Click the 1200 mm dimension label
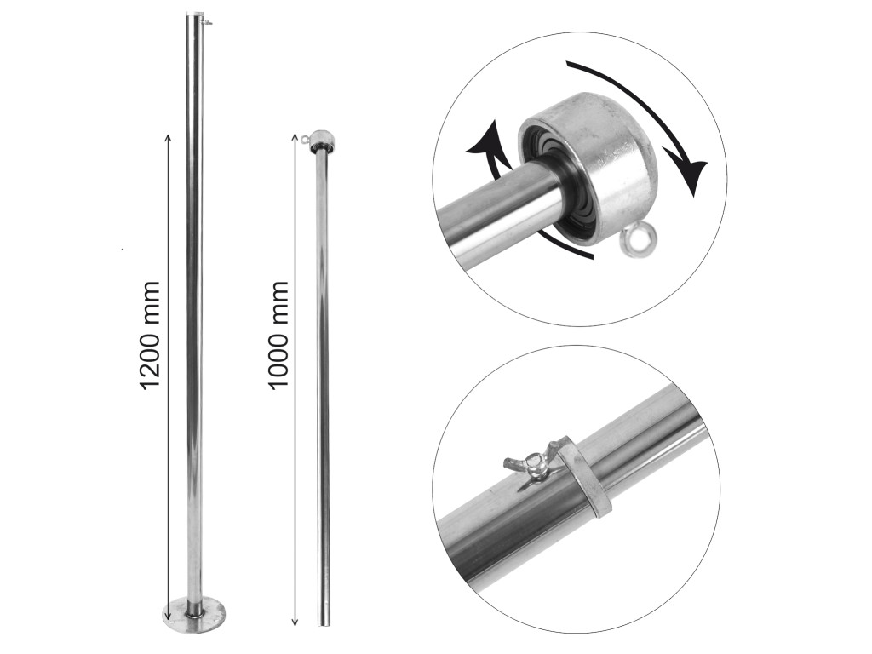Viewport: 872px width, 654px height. (150, 336)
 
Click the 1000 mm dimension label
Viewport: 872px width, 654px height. (278, 336)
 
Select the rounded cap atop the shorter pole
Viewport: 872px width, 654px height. (322, 138)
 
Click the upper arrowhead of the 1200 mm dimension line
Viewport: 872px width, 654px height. (169, 136)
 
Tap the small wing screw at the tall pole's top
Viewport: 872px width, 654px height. (209, 22)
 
